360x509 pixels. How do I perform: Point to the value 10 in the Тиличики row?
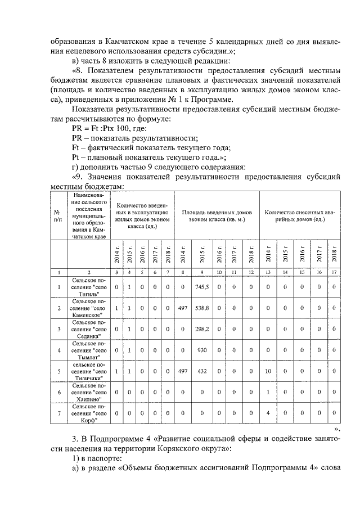point(269,371)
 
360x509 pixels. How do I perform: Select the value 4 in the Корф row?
point(269,413)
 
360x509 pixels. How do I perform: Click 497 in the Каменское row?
point(182,308)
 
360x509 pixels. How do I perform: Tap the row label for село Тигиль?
point(87,287)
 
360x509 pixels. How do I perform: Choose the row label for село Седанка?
point(87,329)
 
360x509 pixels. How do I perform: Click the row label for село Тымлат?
point(87,350)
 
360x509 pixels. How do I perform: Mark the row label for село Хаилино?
point(87,392)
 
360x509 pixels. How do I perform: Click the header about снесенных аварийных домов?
point(301,217)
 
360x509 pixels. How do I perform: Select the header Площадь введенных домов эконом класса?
point(217,217)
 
